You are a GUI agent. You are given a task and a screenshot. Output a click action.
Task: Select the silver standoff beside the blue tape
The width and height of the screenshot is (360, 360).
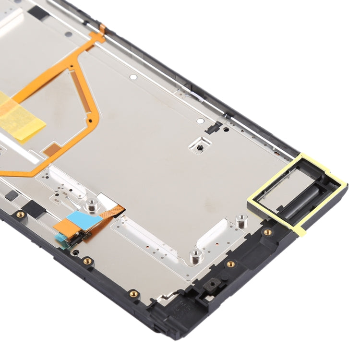tap(89, 206)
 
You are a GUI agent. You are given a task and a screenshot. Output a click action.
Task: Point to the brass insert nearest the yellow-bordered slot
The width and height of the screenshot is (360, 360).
tap(267, 232)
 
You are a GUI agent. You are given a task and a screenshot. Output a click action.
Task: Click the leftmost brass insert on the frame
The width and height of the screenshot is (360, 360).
tap(20, 215)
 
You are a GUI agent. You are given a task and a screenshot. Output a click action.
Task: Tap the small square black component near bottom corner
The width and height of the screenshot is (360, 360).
tap(210, 286)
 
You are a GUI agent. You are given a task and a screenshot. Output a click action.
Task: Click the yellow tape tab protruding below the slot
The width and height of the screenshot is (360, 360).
tap(301, 229)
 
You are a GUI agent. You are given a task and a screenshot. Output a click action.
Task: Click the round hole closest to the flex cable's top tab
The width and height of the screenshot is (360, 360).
tap(133, 76)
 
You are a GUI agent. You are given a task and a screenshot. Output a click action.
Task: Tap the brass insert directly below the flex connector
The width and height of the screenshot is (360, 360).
tap(87, 261)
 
